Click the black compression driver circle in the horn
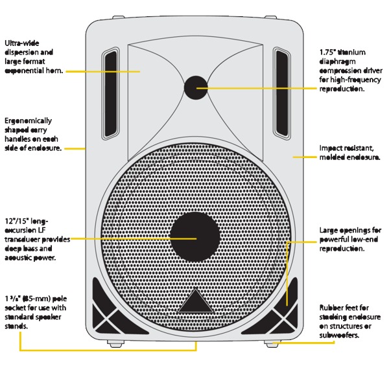pyautogui.click(x=196, y=87)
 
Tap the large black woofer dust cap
pyautogui.click(x=195, y=237)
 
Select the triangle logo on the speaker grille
pyautogui.click(x=195, y=301)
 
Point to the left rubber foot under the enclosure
pyautogui.click(x=115, y=343)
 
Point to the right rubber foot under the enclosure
pyautogui.click(x=273, y=343)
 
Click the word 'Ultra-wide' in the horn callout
pyautogui.click(x=22, y=43)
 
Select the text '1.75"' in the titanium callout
pyautogui.click(x=327, y=52)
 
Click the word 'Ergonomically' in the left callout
pyautogui.click(x=29, y=121)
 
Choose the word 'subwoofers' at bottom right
pyautogui.click(x=338, y=336)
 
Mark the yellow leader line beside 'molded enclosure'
pyautogui.click(x=305, y=157)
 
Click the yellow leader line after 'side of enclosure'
pyautogui.click(x=75, y=149)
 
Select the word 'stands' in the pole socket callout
pyautogui.click(x=16, y=326)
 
